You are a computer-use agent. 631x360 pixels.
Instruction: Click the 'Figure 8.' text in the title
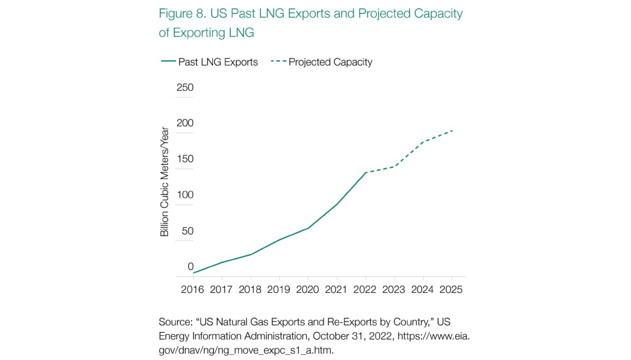182,13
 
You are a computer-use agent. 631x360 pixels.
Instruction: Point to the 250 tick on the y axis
185,88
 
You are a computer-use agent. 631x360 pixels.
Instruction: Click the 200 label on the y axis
185,123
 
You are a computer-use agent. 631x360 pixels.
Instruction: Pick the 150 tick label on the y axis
185,159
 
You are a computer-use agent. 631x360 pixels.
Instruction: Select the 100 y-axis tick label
185,195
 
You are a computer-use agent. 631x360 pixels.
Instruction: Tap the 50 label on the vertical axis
188,231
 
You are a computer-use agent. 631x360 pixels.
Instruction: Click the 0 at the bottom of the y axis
190,267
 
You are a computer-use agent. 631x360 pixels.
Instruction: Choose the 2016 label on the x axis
192,289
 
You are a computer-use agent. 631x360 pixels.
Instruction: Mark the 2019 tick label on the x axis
279,289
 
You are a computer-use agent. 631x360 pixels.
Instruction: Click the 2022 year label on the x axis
365,289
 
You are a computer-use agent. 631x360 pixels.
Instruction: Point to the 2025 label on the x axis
451,289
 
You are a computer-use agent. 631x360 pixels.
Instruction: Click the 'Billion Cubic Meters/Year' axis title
165,182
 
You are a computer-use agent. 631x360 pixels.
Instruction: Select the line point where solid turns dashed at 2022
365,173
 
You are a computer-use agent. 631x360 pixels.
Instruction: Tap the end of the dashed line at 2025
453,130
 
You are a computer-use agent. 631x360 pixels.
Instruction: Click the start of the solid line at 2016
193,273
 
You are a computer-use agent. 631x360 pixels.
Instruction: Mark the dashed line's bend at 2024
423,142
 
